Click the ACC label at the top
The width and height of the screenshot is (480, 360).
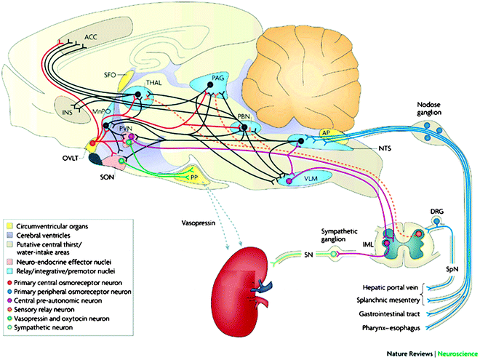click(x=90, y=36)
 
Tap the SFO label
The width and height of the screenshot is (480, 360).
click(x=111, y=75)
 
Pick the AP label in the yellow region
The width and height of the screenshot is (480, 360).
click(x=327, y=133)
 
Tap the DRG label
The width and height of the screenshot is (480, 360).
click(x=437, y=210)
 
